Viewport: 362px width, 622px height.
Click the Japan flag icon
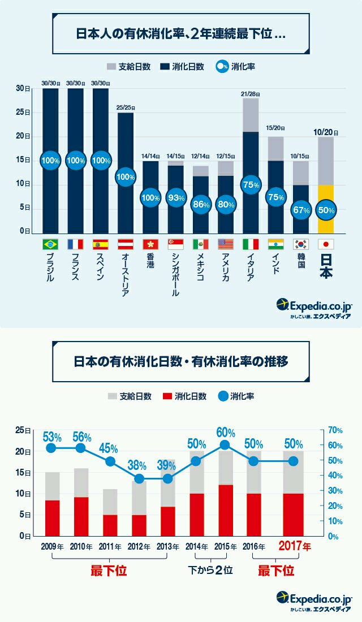point(325,244)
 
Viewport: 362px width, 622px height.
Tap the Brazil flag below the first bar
point(50,244)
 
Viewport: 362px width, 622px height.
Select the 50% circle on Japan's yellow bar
point(325,210)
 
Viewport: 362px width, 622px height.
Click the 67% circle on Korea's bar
point(300,210)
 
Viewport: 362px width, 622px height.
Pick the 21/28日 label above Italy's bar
point(250,93)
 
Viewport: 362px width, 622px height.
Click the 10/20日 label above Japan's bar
point(325,132)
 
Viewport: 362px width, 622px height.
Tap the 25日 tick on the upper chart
point(23,113)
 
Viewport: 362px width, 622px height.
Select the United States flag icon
point(225,244)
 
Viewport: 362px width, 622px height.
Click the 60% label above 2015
point(225,433)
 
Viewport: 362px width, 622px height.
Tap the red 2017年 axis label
point(294,547)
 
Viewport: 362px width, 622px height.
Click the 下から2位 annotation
point(210,571)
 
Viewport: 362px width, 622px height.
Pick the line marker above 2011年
point(111,461)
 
